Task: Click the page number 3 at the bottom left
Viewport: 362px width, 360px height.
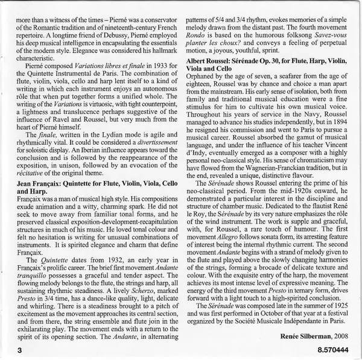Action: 21,349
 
